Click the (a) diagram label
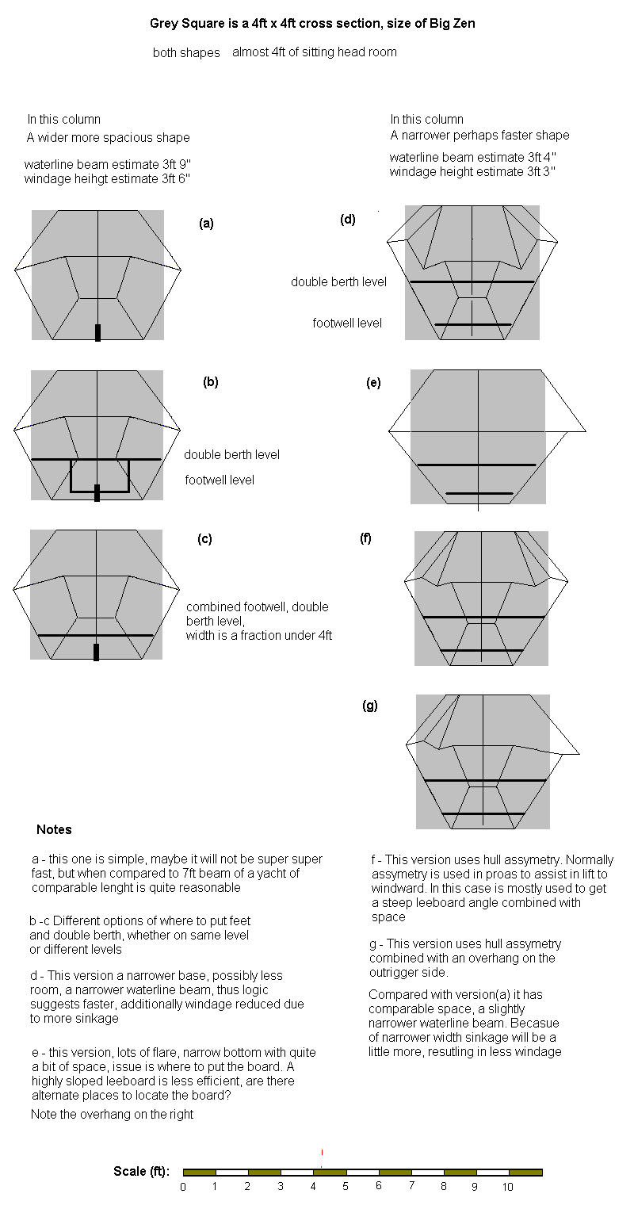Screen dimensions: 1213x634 pyautogui.click(x=206, y=224)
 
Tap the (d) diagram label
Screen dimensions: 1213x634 pyautogui.click(x=348, y=220)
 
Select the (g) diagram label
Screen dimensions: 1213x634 pyautogui.click(x=370, y=706)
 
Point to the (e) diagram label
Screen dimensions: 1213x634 pyautogui.click(x=373, y=383)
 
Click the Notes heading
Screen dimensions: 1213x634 pyautogui.click(x=54, y=830)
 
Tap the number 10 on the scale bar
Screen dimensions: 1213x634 pyautogui.click(x=507, y=1187)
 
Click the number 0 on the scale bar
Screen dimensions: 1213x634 pyautogui.click(x=183, y=1187)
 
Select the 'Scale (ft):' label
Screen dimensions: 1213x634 pyautogui.click(x=141, y=1172)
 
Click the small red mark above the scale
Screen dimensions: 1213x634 pyautogui.click(x=322, y=1152)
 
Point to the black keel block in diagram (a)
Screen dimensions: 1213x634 pyautogui.click(x=97, y=333)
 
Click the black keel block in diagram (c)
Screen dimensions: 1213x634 pyautogui.click(x=97, y=652)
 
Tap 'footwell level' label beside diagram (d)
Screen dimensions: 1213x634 pyautogui.click(x=347, y=323)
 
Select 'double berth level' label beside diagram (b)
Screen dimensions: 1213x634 pyautogui.click(x=231, y=455)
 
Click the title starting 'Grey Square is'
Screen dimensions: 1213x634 pyautogui.click(x=312, y=24)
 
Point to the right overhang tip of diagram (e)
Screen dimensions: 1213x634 pyautogui.click(x=585, y=431)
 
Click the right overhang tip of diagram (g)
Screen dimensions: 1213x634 pyautogui.click(x=579, y=753)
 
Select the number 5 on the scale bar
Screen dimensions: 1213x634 pyautogui.click(x=345, y=1187)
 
